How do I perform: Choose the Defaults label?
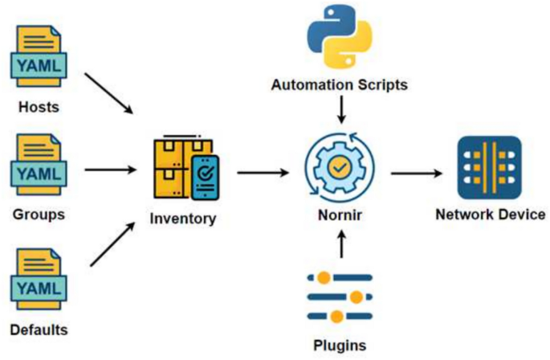39,329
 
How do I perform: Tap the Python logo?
340,37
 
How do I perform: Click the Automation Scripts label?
340,84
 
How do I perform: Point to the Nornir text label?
340,215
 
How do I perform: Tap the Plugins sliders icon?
340,297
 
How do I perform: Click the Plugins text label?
340,346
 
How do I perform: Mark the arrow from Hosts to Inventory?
110,94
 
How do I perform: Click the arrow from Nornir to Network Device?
415,171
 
